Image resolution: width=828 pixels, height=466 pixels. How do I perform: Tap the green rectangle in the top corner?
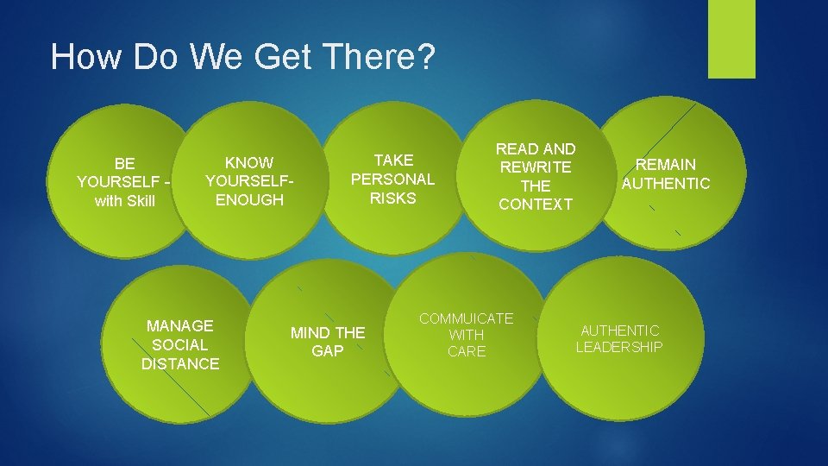click(731, 38)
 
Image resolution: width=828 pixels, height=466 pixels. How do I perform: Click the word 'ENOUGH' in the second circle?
click(249, 200)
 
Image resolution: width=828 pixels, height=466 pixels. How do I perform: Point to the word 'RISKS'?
click(392, 198)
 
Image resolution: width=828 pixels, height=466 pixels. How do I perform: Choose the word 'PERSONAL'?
click(392, 179)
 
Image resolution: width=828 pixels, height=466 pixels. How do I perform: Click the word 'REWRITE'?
click(536, 167)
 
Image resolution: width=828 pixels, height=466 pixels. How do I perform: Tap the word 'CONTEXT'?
click(536, 205)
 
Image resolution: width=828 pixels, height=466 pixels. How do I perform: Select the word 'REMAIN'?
click(666, 164)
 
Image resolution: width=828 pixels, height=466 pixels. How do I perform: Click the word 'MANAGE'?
click(180, 326)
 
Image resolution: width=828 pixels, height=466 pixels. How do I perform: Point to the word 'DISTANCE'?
click(180, 364)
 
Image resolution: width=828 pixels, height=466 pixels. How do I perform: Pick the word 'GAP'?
click(328, 351)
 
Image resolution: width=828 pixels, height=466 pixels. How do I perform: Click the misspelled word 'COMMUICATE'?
click(467, 319)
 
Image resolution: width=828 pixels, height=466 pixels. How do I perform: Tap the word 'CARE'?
click(467, 351)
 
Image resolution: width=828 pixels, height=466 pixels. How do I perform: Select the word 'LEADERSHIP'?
click(619, 347)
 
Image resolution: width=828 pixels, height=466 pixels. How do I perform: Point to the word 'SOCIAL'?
click(180, 345)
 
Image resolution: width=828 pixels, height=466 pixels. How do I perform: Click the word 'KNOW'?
click(249, 162)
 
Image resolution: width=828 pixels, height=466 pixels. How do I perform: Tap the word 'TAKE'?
click(393, 161)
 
